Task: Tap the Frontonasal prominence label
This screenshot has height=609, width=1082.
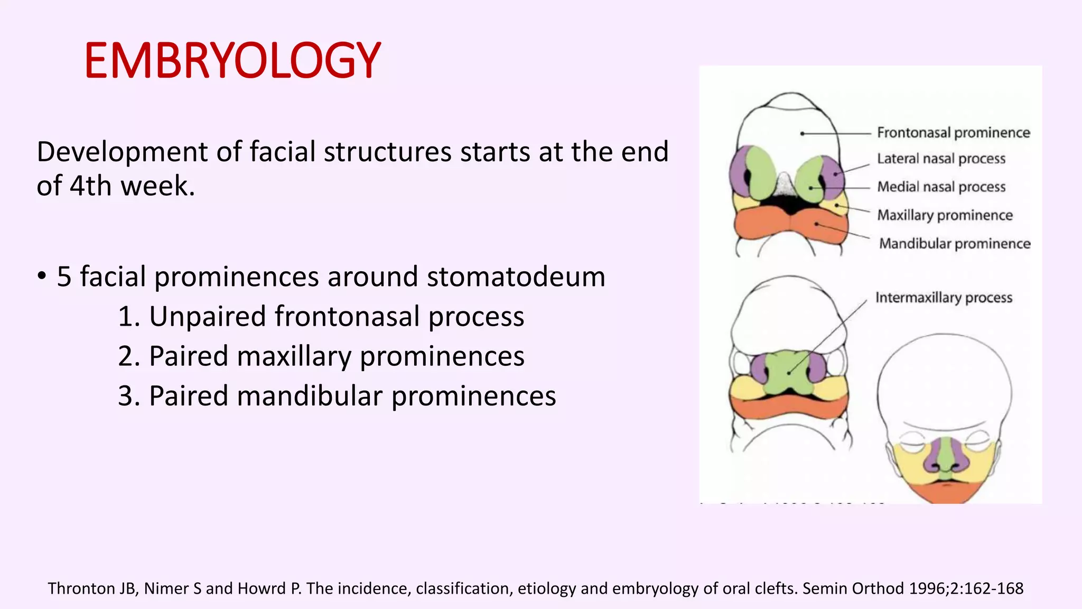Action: point(953,133)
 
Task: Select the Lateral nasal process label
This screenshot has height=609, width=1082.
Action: point(941,159)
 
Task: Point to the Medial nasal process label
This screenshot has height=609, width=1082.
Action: point(941,187)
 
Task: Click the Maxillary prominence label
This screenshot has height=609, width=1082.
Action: point(945,215)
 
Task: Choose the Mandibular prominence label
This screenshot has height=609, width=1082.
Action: point(954,244)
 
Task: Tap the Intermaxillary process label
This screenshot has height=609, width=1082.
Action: point(944,298)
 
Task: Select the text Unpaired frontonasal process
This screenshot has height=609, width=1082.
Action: point(336,317)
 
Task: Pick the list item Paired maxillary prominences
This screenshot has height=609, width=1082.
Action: point(336,356)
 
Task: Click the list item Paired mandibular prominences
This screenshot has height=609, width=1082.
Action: point(352,396)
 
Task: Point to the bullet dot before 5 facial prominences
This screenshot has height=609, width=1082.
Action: point(42,276)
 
